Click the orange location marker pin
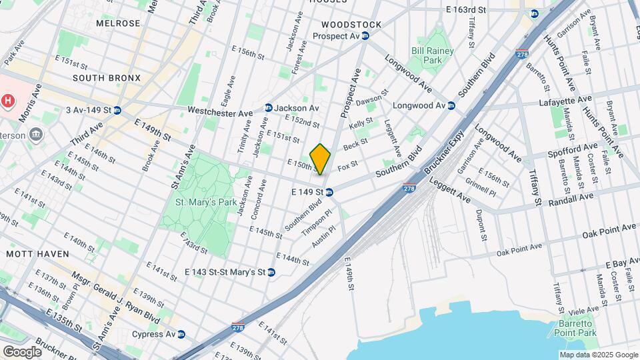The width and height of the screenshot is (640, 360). click(x=321, y=159)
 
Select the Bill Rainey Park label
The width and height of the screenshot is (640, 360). click(x=432, y=55)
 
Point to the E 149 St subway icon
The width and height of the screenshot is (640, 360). click(x=329, y=192)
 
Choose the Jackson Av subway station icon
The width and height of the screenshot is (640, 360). click(x=268, y=107)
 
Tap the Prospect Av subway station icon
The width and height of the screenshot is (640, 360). click(x=365, y=36)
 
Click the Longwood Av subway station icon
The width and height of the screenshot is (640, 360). click(x=451, y=105)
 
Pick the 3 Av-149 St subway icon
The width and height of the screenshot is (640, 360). click(x=117, y=110)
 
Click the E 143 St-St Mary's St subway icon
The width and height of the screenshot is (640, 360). click(x=271, y=272)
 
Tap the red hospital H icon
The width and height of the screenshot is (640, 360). click(x=7, y=101)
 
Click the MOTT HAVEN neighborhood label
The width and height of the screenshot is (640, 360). click(x=33, y=254)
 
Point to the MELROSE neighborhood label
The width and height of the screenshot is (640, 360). click(x=118, y=23)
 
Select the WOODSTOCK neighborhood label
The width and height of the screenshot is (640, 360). click(x=351, y=25)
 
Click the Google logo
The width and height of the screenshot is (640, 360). click(x=21, y=351)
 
